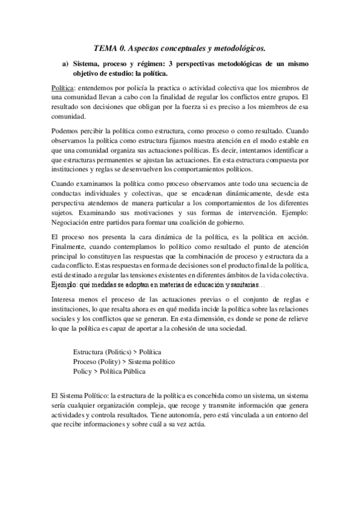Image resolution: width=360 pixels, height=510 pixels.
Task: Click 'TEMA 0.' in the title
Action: (111, 47)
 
